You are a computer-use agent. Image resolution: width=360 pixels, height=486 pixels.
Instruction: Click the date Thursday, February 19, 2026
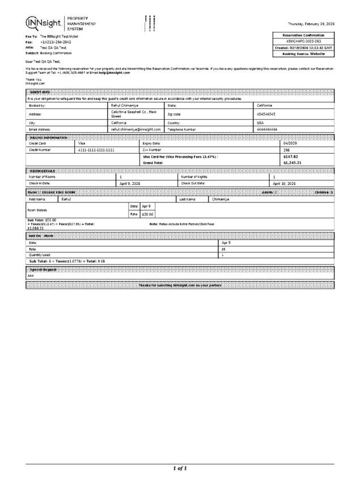click(311, 24)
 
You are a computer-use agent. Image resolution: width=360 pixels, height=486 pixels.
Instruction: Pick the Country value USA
click(260, 122)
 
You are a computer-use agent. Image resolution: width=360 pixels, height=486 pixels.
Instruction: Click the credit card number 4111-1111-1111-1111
click(96, 150)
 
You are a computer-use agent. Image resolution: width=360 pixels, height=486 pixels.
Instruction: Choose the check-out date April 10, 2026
click(284, 184)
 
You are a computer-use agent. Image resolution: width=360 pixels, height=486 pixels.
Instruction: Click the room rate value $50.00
click(147, 214)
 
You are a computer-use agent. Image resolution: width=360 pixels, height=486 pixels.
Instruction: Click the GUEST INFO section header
click(39, 92)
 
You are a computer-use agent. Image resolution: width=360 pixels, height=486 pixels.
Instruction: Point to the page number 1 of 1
click(180, 468)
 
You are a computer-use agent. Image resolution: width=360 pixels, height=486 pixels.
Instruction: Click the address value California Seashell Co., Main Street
click(134, 114)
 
